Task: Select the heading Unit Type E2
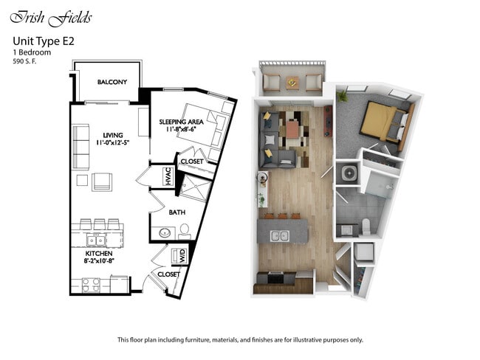click(x=42, y=42)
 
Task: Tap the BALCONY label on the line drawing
click(x=112, y=82)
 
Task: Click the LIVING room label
click(x=113, y=135)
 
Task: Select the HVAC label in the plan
click(x=167, y=177)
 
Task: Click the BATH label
click(x=177, y=212)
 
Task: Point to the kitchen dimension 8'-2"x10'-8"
click(x=97, y=260)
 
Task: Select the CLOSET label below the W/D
click(x=169, y=274)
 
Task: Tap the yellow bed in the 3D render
click(x=381, y=120)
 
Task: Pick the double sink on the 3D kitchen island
click(x=280, y=236)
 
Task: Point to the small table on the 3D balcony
click(x=293, y=81)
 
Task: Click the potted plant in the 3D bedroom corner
click(x=342, y=96)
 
